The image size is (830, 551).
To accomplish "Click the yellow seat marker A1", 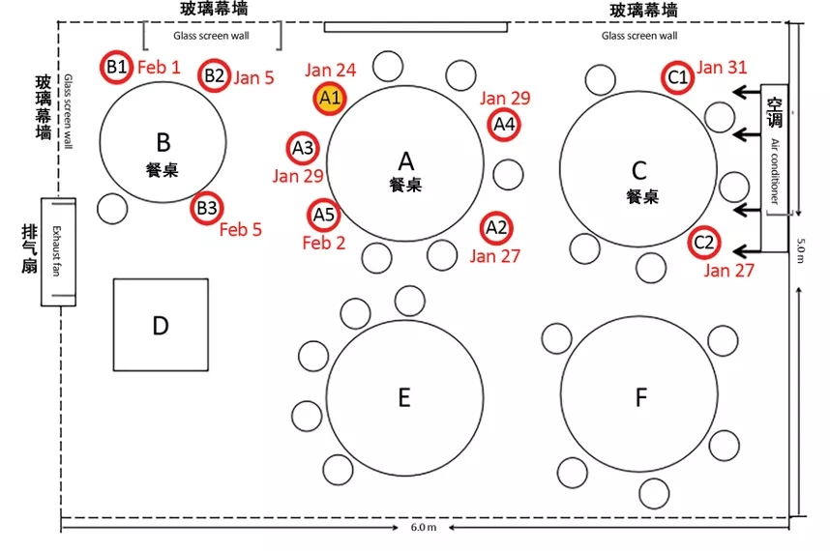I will coord(330,98).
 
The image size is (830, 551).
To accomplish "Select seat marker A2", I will coord(496,228).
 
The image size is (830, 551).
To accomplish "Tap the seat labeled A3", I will coord(303,148).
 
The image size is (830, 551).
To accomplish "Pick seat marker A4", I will coord(504,124).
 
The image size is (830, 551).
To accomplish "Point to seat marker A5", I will coord(323,215).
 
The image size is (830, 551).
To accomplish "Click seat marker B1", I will coord(117,67).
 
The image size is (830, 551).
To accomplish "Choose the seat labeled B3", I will coord(207,208).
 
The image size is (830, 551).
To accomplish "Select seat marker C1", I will coord(678,76).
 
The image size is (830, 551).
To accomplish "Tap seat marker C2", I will coord(703,243).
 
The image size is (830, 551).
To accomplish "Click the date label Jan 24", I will coord(330,70).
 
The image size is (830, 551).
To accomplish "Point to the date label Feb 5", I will coord(240,230).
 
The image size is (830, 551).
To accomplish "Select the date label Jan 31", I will coord(722,68).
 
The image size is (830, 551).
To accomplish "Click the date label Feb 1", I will coord(159,68).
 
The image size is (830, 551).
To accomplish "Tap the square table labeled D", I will coord(161,325).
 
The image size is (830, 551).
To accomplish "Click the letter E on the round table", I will coord(404,396).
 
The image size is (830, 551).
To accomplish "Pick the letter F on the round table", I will coord(639,397).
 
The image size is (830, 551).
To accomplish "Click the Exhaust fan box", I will coord(58,251).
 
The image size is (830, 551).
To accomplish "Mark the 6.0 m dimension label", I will coord(424,529).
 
